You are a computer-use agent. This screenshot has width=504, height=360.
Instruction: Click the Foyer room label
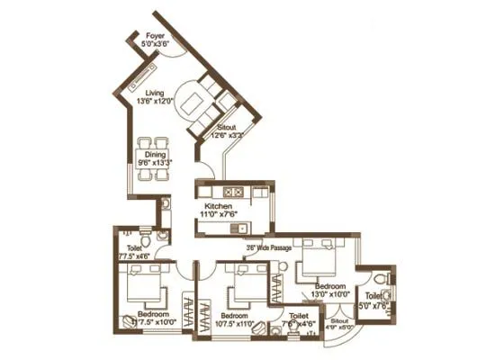154,36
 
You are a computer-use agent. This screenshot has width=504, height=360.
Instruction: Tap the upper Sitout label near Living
224,127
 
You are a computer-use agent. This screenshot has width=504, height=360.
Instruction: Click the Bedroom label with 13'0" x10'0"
328,284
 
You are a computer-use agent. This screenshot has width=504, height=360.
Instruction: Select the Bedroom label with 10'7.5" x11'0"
234,317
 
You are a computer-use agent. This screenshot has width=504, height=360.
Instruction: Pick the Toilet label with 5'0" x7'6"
371,296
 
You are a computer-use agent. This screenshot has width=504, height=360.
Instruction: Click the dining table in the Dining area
155,157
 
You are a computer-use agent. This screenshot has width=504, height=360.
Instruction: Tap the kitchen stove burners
233,190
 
